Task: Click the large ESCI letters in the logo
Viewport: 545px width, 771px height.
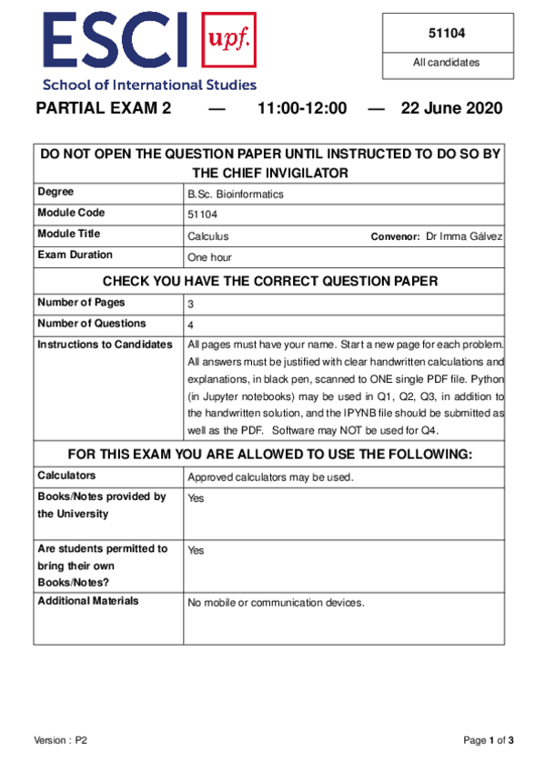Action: pos(114,43)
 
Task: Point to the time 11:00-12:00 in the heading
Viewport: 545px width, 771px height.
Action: pos(301,109)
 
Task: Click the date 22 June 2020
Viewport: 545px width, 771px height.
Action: pos(450,109)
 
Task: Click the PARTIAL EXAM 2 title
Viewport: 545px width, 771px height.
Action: pos(103,109)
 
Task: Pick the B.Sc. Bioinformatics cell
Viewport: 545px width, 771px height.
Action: pos(236,194)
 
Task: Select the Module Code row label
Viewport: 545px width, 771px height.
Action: pos(71,213)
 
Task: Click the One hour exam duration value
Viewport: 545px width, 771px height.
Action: pos(209,257)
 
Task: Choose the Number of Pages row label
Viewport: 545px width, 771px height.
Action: pos(81,303)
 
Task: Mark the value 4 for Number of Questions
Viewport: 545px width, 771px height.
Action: pos(190,325)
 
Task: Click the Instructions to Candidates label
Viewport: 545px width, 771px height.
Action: pos(104,345)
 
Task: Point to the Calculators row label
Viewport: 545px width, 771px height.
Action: pos(66,476)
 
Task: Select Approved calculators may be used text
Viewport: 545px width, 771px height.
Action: pos(270,477)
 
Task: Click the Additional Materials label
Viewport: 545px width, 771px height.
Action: pos(87,601)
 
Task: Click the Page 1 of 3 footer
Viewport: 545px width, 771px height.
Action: pos(489,741)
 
